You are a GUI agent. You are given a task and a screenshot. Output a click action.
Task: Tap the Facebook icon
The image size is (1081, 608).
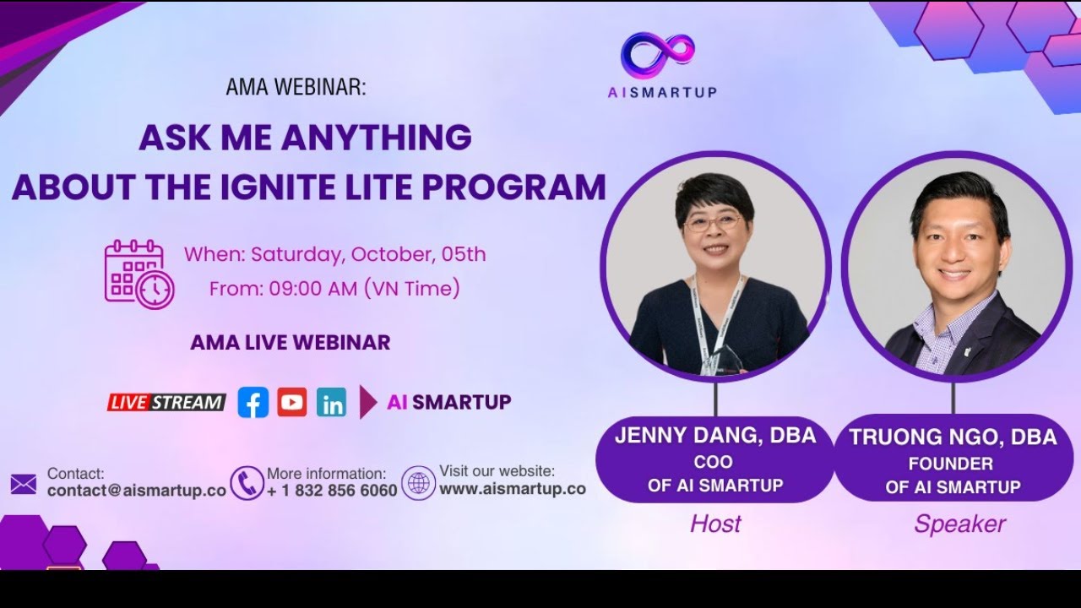pyautogui.click(x=253, y=403)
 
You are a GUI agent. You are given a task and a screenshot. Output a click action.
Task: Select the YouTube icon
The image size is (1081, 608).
pyautogui.click(x=292, y=403)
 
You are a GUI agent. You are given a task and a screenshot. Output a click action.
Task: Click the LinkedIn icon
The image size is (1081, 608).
pyautogui.click(x=332, y=403)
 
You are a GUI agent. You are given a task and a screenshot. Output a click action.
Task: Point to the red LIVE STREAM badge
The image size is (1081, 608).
pyautogui.click(x=166, y=403)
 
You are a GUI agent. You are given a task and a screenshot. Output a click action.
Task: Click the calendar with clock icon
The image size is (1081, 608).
pyautogui.click(x=139, y=274)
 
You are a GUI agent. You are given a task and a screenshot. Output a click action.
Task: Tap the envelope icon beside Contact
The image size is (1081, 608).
pyautogui.click(x=24, y=484)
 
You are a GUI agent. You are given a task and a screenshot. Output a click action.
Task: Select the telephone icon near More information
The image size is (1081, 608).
pyautogui.click(x=247, y=483)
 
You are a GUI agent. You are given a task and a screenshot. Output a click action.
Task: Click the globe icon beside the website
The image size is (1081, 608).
pyautogui.click(x=418, y=483)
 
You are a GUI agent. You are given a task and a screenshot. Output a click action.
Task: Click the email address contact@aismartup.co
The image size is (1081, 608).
pyautogui.click(x=137, y=491)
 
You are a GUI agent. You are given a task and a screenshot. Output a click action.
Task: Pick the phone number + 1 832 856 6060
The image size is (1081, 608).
pyautogui.click(x=332, y=491)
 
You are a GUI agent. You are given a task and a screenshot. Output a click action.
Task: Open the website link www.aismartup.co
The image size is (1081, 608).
pyautogui.click(x=513, y=489)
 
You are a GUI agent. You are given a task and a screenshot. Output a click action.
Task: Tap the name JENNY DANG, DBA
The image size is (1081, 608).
pyautogui.click(x=715, y=436)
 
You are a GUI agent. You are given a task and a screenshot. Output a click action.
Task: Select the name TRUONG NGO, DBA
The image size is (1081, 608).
pyautogui.click(x=953, y=437)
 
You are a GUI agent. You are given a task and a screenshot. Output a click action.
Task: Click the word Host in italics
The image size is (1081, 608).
pyautogui.click(x=715, y=524)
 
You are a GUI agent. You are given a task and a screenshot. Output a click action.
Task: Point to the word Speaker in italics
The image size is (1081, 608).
pyautogui.click(x=959, y=524)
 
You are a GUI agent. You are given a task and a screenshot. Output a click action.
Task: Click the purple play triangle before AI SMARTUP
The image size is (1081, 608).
pyautogui.click(x=367, y=403)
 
